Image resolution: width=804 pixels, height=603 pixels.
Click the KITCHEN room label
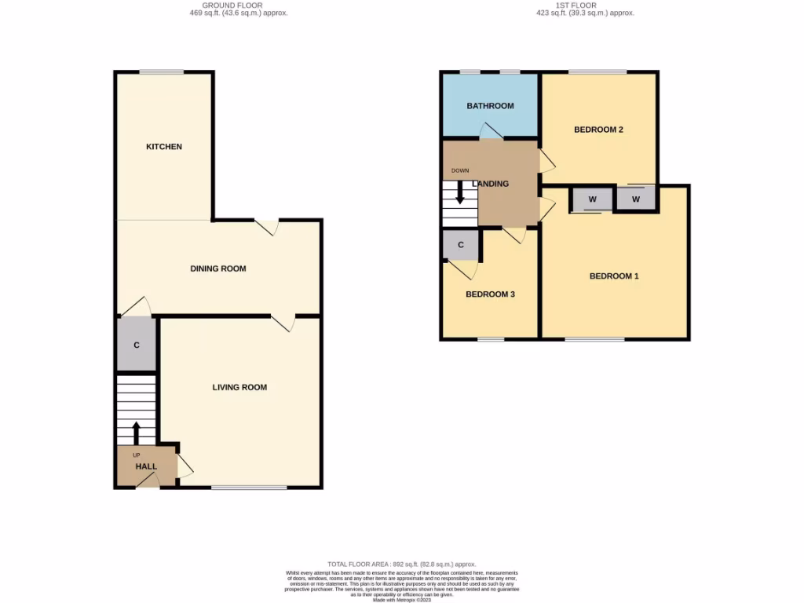pos(163,147)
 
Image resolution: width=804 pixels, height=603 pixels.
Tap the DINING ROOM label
pos(218,269)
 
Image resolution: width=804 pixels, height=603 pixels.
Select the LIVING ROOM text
pos(239,387)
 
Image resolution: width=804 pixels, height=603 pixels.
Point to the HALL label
pos(146,466)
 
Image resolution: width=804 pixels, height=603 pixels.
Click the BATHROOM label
pos(490,106)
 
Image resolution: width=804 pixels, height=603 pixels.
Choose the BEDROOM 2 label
pos(598,130)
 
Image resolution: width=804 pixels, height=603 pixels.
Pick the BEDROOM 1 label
pos(614,276)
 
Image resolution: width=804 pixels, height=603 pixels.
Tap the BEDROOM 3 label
pos(490,294)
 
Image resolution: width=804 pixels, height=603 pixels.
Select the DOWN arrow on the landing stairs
pos(460,193)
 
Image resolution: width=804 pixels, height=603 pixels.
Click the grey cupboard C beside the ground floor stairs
pos(137,344)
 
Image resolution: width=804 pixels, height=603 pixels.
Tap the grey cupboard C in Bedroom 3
pos(461,245)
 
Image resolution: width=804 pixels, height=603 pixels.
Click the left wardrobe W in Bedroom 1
pos(593,199)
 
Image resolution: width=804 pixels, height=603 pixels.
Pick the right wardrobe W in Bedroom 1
pos(636,199)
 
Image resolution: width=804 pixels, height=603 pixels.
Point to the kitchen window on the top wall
pos(162,72)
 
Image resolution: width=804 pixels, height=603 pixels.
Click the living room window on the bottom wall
pos(249,488)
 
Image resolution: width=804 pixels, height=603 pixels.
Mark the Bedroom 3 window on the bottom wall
pos(491,339)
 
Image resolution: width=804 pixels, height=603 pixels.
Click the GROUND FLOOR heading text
pos(232,5)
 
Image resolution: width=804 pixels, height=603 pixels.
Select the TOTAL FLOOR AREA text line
pos(401,565)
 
